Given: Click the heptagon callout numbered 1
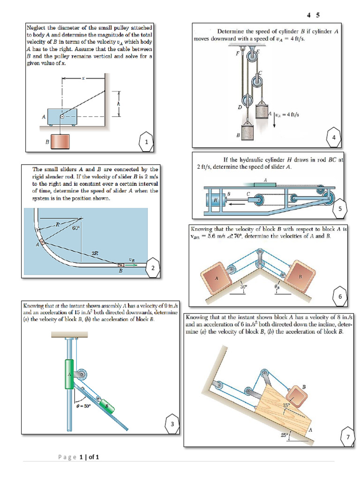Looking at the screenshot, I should (x=147, y=141).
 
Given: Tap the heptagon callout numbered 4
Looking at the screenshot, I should (x=333, y=137).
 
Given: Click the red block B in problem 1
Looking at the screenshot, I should (x=59, y=141).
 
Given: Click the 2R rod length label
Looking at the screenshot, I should (x=95, y=253).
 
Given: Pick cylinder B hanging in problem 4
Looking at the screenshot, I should (x=247, y=132).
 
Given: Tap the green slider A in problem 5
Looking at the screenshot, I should (x=265, y=185).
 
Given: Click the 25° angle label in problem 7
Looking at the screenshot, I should (x=284, y=435).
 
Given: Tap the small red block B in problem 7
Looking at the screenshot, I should (x=295, y=395).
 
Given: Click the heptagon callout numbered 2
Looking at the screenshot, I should (x=152, y=268).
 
